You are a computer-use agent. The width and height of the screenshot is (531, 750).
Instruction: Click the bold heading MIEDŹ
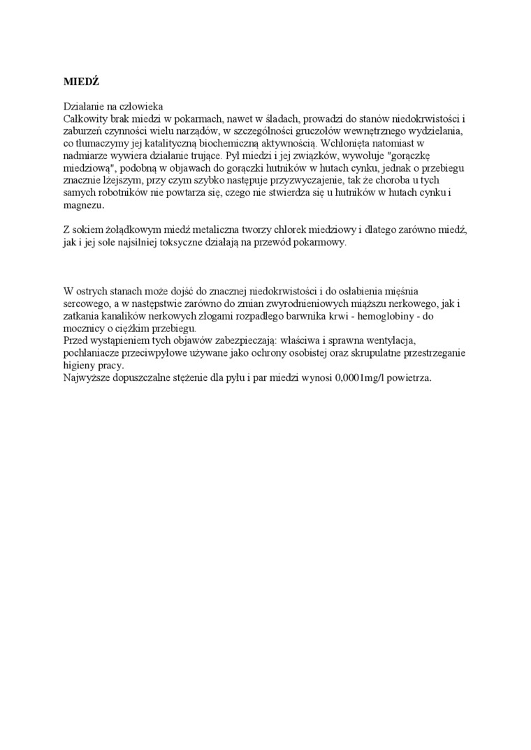[81, 82]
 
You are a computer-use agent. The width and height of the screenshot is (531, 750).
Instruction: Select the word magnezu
[83, 207]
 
